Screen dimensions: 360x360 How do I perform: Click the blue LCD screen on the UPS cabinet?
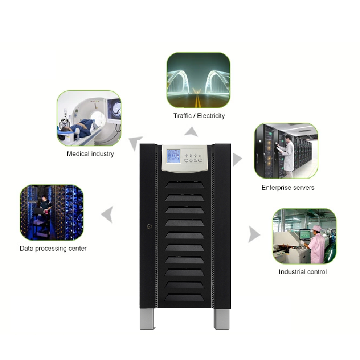173,156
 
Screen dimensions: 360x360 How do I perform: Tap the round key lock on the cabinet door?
149,227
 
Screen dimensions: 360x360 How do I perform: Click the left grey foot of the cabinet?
147,319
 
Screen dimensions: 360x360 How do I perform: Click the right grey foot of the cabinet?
222,319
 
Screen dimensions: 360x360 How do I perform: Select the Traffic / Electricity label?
199,116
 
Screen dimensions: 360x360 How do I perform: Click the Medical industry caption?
90,154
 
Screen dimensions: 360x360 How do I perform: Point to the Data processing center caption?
53,249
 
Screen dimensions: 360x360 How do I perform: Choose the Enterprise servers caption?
288,188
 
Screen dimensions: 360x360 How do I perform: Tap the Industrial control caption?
302,272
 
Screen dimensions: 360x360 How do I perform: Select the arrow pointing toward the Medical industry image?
135,143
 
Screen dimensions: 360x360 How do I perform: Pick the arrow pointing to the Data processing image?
108,215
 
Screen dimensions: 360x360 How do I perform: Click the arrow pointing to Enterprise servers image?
237,159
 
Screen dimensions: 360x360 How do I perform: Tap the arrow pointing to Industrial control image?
254,234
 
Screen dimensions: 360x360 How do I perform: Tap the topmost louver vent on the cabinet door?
185,185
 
